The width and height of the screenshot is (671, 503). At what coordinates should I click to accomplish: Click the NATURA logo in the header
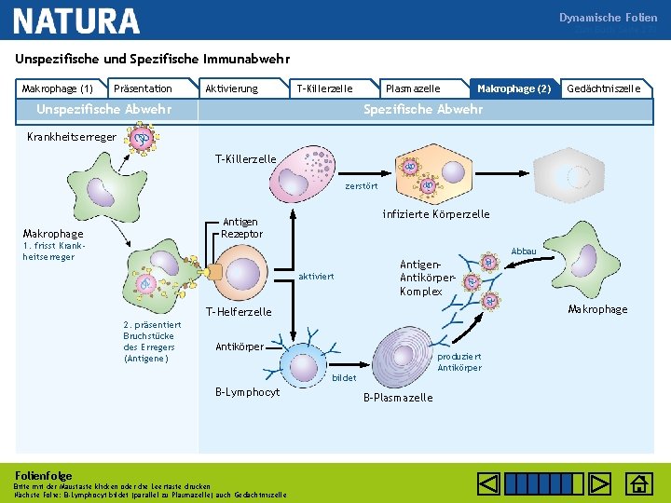point(76,20)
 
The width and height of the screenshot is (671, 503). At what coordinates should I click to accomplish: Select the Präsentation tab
point(142,88)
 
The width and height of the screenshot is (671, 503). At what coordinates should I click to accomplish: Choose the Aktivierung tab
point(231,88)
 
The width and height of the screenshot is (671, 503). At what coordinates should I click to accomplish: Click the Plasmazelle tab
point(413,88)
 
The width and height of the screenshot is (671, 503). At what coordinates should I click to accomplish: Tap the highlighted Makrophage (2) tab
point(514,88)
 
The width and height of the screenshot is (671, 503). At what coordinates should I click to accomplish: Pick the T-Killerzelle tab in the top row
point(323,88)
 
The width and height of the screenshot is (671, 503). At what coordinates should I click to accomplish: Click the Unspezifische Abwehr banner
point(103,109)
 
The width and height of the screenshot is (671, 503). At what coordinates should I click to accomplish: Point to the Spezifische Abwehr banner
point(423,109)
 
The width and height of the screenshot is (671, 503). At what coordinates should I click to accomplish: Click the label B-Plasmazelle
point(398,398)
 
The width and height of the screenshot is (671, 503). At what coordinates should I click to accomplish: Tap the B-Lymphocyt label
point(247,392)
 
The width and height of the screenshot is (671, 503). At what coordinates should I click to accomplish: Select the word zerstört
point(361,186)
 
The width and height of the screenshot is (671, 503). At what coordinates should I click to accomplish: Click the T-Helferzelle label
point(239,312)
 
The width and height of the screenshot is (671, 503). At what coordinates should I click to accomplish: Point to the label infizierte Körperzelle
point(436,214)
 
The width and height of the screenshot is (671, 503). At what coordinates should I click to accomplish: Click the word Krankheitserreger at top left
point(59,137)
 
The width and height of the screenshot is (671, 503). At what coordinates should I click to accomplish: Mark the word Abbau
point(524,251)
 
